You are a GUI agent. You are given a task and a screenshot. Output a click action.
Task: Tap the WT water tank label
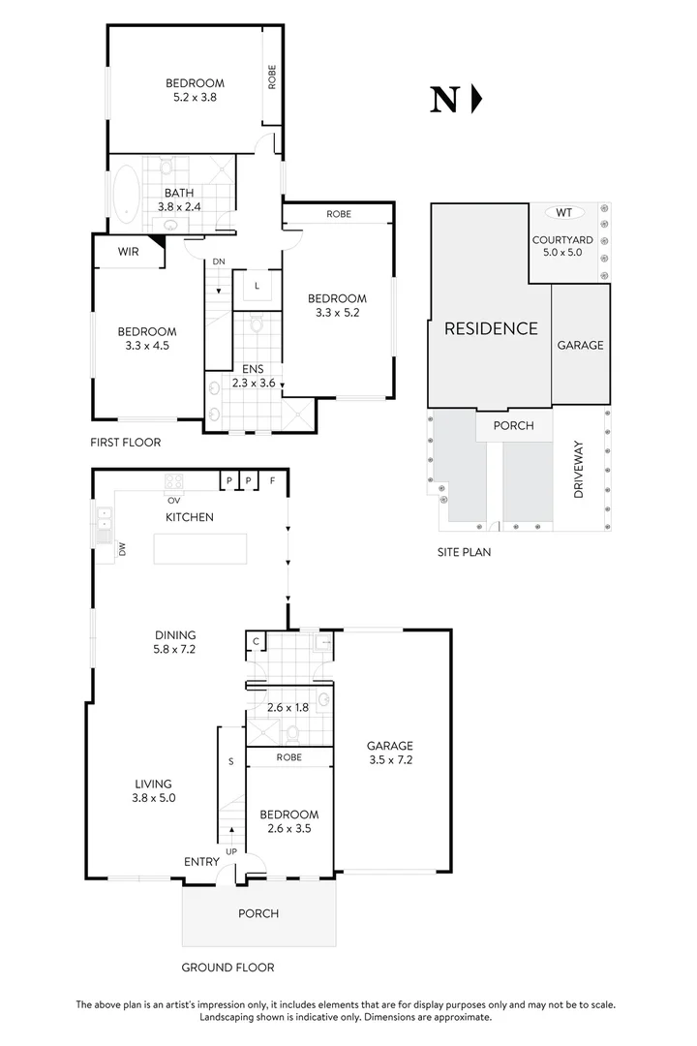(564, 212)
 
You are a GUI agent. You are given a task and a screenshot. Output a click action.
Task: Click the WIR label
(128, 252)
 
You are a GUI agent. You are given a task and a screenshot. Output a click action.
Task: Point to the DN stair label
(219, 262)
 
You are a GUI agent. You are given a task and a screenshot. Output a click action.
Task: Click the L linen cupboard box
(257, 286)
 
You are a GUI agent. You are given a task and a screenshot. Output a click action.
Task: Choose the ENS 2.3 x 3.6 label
(254, 376)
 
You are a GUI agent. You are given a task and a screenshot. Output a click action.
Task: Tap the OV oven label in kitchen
(174, 500)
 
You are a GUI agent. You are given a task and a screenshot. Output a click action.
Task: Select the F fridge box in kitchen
(274, 480)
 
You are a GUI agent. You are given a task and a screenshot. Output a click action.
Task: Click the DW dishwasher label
(123, 550)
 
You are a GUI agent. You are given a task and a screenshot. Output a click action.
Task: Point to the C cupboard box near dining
(256, 640)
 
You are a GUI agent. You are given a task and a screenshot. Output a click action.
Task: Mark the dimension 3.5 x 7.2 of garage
(390, 761)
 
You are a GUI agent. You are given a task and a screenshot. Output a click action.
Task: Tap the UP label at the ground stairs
(230, 851)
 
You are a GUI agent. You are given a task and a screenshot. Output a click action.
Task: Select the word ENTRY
(202, 861)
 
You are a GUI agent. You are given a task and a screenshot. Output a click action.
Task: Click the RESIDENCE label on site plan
(490, 328)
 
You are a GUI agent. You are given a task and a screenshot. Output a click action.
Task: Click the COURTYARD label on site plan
(562, 240)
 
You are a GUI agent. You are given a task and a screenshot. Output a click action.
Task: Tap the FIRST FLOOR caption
(126, 443)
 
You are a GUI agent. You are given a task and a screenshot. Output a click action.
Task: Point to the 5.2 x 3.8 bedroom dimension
(194, 97)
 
